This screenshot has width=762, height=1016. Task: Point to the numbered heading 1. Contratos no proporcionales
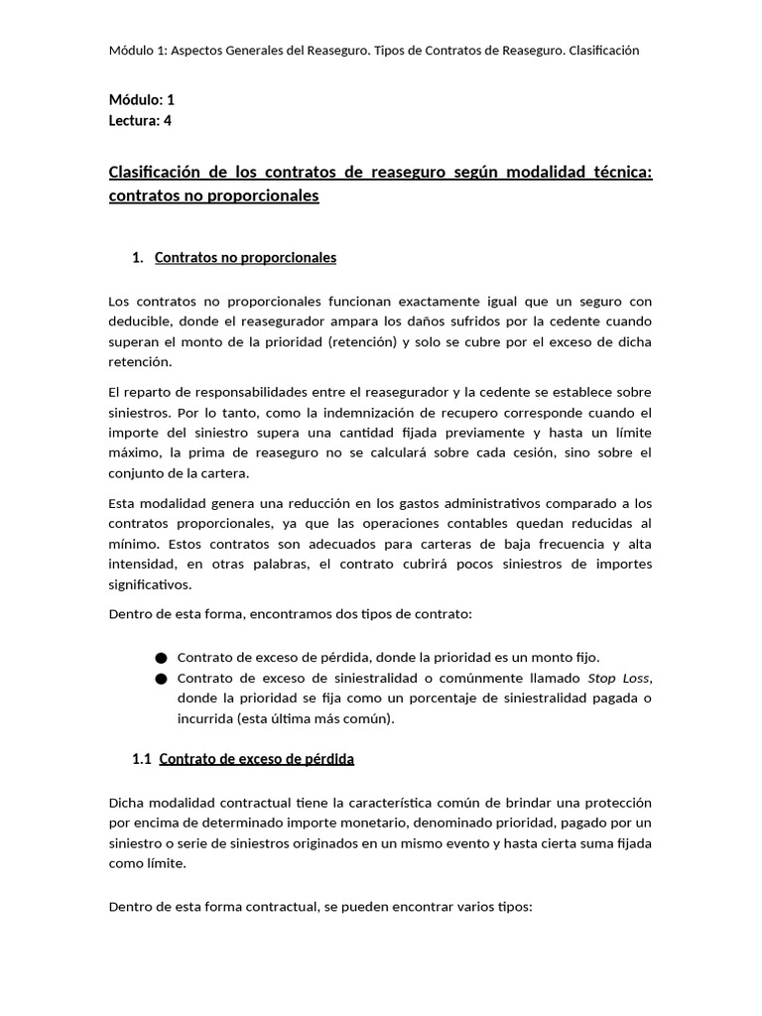tap(234, 258)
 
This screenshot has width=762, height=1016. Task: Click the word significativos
tap(150, 585)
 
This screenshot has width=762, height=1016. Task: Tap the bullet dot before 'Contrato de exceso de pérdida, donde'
tap(162, 658)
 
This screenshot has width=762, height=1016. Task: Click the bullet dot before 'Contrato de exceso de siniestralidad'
tap(162, 679)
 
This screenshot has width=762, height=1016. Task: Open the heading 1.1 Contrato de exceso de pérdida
tap(243, 759)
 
